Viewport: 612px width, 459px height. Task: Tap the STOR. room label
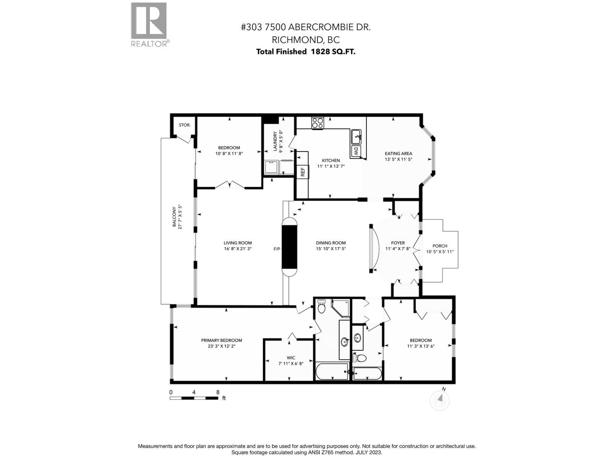184,125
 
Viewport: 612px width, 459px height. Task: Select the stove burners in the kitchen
317,123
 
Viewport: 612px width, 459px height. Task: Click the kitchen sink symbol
356,136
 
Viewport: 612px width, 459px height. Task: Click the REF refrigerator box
303,172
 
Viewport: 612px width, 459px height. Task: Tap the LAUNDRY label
275,142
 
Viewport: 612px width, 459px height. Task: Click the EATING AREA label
398,153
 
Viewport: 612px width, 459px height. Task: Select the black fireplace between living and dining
290,247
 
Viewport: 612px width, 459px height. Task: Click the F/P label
277,249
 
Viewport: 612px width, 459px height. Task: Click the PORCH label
439,246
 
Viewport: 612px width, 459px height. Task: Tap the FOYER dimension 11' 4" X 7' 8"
398,249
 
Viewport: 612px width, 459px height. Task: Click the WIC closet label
291,358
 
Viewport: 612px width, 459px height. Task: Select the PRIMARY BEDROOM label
221,340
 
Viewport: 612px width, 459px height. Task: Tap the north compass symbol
440,400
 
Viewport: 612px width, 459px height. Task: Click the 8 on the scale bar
218,392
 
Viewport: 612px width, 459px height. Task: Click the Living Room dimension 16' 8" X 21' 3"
238,249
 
